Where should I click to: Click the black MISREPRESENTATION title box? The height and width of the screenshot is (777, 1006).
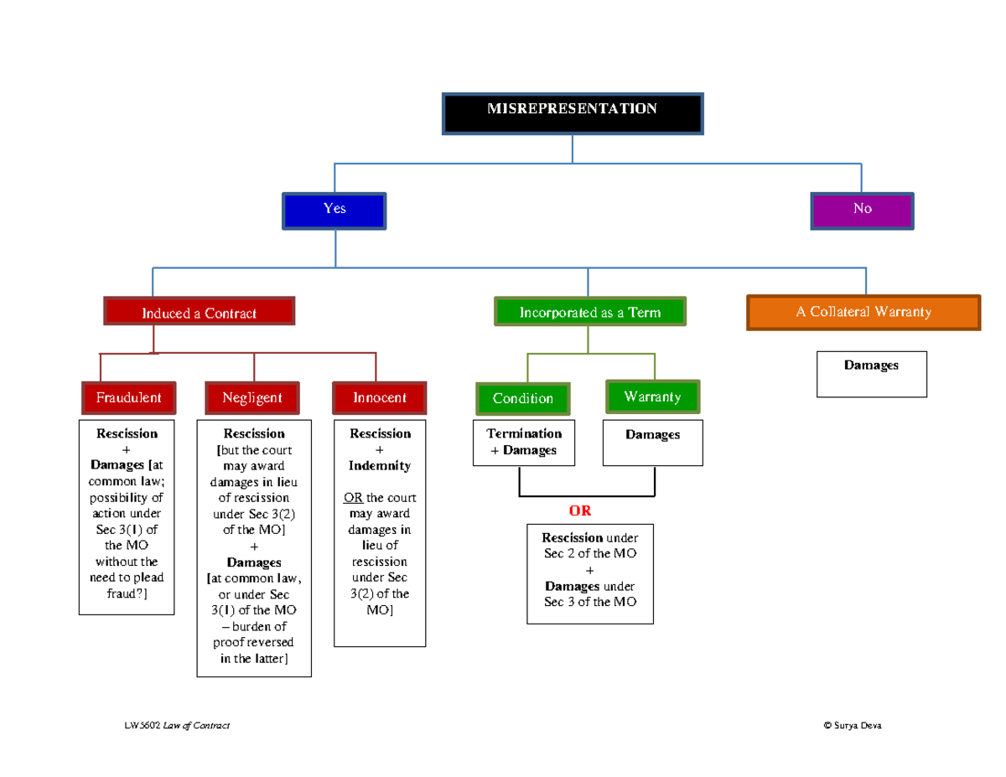click(573, 114)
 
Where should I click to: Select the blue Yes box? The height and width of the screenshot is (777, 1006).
click(334, 210)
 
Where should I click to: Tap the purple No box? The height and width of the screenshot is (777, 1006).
click(862, 210)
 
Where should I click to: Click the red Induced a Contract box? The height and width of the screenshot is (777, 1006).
click(199, 312)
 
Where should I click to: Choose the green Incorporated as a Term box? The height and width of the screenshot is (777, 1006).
click(590, 312)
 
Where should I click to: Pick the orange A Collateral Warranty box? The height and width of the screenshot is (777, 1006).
click(863, 312)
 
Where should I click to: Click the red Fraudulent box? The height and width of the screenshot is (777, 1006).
click(128, 397)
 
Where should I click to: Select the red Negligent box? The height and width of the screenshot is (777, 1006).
click(252, 397)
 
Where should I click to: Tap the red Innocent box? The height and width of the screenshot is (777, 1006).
click(380, 397)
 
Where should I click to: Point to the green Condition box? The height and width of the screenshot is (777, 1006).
click(523, 398)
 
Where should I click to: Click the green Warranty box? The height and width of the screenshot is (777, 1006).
click(652, 396)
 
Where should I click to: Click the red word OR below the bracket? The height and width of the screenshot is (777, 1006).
click(580, 511)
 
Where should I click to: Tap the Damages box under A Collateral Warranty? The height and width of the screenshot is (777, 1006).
click(872, 373)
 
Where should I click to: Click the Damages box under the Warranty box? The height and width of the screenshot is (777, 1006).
click(652, 443)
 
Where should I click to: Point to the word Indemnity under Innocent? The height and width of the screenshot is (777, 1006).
click(380, 465)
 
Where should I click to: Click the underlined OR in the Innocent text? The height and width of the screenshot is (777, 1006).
click(353, 498)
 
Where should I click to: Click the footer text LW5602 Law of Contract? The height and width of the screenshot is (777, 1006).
click(176, 725)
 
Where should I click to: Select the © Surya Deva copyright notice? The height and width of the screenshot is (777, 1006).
click(853, 725)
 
